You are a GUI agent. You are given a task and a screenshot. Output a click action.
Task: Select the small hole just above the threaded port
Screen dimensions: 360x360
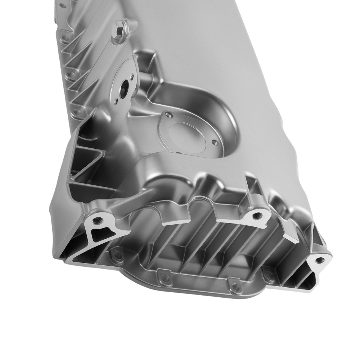tap(132, 76)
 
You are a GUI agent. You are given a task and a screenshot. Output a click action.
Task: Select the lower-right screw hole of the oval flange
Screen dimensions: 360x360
tap(215, 143)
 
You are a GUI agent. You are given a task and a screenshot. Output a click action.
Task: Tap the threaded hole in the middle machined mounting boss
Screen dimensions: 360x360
tap(256, 215)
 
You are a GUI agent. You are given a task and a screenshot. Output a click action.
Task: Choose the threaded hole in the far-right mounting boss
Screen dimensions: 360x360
tap(318, 260)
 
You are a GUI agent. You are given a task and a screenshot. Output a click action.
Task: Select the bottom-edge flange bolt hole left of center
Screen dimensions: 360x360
tap(165, 278)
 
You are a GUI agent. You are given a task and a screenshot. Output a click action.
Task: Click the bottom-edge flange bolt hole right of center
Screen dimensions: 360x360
tap(235, 287)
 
